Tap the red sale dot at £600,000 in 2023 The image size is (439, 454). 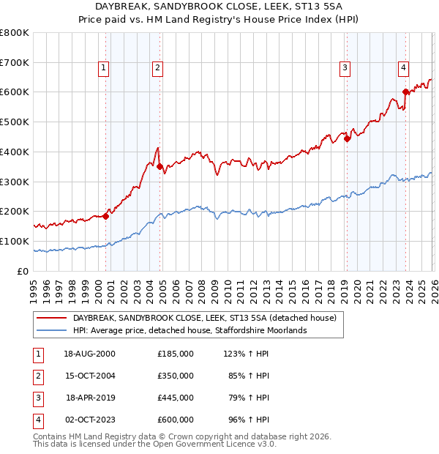[405, 92]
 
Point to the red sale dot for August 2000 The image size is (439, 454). [106, 216]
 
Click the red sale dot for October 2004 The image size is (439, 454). [160, 166]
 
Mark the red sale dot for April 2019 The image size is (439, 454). [347, 138]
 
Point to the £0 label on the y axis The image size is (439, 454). [23, 271]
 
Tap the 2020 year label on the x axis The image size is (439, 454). [357, 289]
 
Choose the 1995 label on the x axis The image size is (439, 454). [34, 289]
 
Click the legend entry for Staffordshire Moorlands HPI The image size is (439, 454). [189, 330]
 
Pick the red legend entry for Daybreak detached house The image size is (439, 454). [204, 318]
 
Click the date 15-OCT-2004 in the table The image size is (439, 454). [89, 375]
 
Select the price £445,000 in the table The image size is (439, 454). [175, 398]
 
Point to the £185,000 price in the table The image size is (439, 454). [175, 353]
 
